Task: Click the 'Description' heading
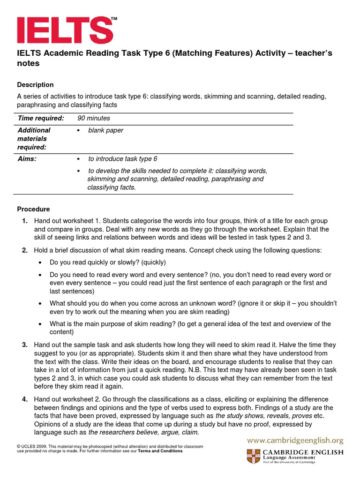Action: [x=35, y=85]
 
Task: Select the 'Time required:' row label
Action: [x=41, y=119]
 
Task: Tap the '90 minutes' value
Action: [x=94, y=119]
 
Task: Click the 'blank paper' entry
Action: [x=105, y=130]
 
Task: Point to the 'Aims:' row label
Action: [x=27, y=159]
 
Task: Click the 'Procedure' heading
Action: [x=33, y=209]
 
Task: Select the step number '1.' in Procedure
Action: [x=25, y=221]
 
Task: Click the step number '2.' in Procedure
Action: [x=25, y=251]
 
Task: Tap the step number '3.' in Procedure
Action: [x=25, y=345]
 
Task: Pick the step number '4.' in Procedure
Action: [x=25, y=399]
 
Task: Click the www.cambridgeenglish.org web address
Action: [x=295, y=440]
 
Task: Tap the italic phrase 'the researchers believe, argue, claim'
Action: [x=144, y=432]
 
